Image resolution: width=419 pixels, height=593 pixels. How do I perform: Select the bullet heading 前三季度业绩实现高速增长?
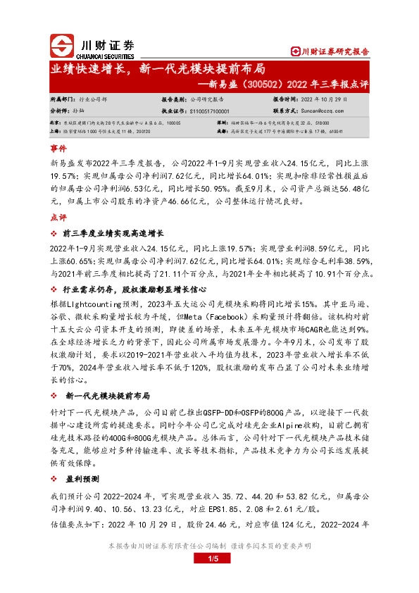(x=114, y=233)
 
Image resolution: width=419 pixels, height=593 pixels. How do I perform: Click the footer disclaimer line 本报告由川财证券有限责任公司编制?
(x=209, y=546)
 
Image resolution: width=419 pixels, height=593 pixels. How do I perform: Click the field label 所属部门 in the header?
(x=61, y=101)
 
